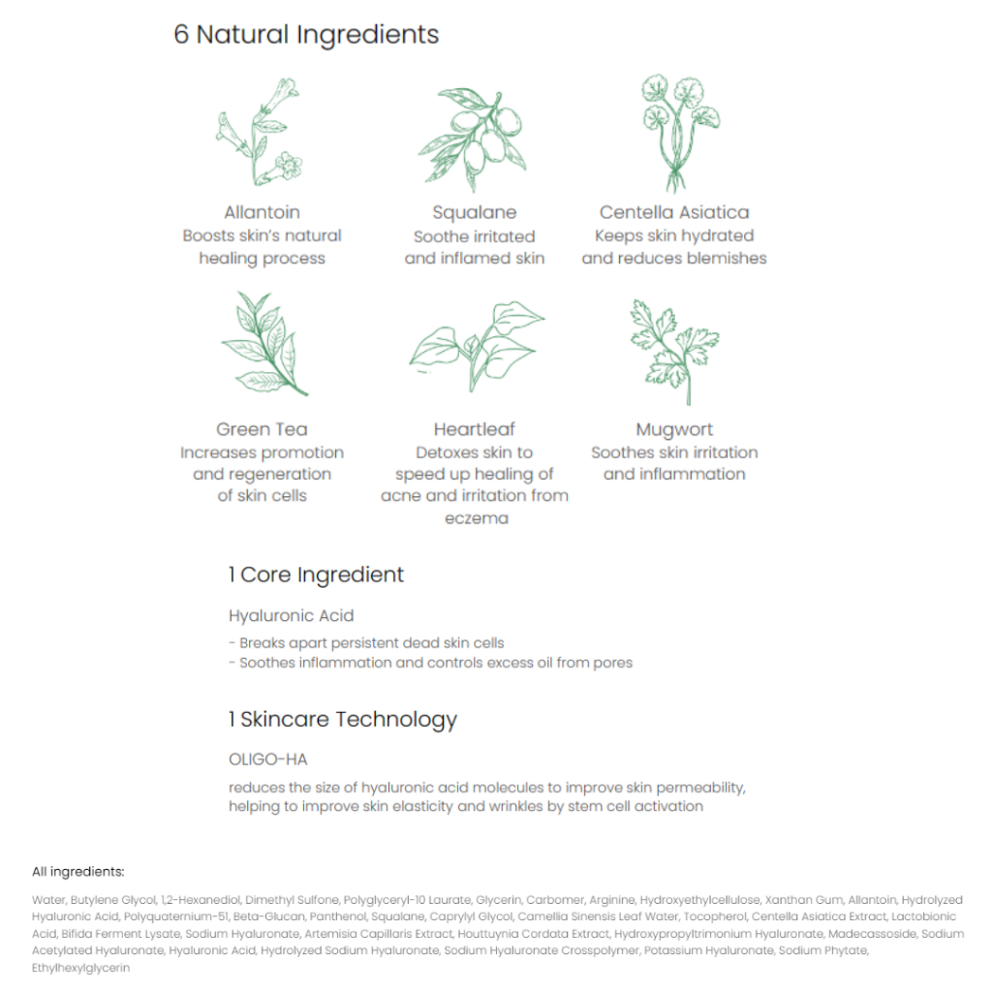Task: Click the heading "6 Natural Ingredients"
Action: (306, 35)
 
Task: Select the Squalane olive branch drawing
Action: (474, 136)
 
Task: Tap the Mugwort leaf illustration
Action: (675, 348)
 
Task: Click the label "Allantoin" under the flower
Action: (262, 212)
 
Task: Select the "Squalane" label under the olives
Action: (475, 212)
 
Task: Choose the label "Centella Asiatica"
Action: (674, 212)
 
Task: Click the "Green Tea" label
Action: (262, 429)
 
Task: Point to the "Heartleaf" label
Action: (475, 429)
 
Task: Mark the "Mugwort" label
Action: (674, 429)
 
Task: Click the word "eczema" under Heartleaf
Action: (475, 517)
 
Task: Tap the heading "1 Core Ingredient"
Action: (317, 574)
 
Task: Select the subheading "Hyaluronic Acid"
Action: (292, 615)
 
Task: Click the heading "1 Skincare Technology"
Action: (343, 720)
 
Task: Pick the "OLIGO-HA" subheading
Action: (268, 759)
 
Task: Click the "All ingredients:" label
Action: (78, 872)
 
